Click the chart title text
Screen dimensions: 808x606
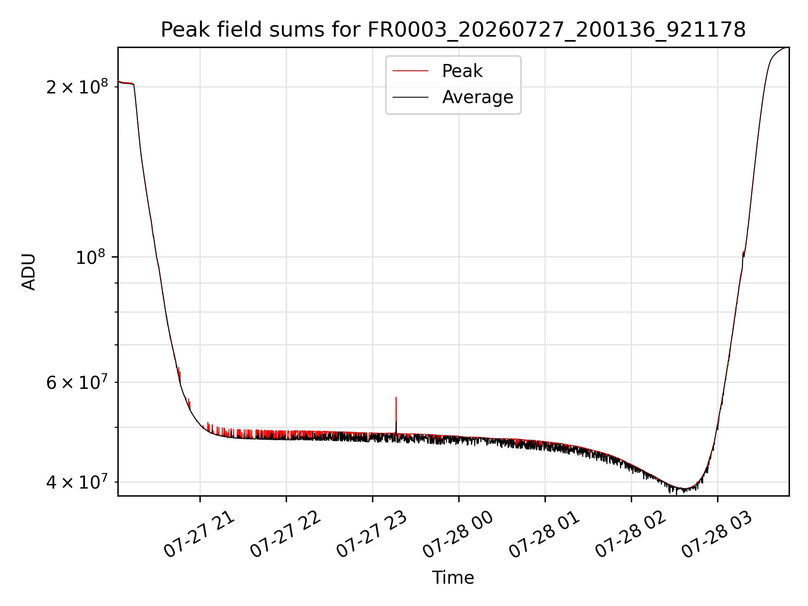click(453, 29)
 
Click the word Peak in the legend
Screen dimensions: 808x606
click(462, 71)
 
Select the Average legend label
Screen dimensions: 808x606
click(478, 97)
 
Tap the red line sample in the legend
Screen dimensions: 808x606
click(410, 71)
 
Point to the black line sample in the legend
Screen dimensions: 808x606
click(410, 97)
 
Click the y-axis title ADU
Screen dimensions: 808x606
click(29, 272)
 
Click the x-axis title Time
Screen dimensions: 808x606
click(453, 578)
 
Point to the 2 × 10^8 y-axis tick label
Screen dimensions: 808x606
click(77, 87)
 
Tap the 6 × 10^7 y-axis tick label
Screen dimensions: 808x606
click(77, 382)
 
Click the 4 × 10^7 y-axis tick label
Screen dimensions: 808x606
click(77, 482)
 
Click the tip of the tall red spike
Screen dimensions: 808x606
click(396, 397)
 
